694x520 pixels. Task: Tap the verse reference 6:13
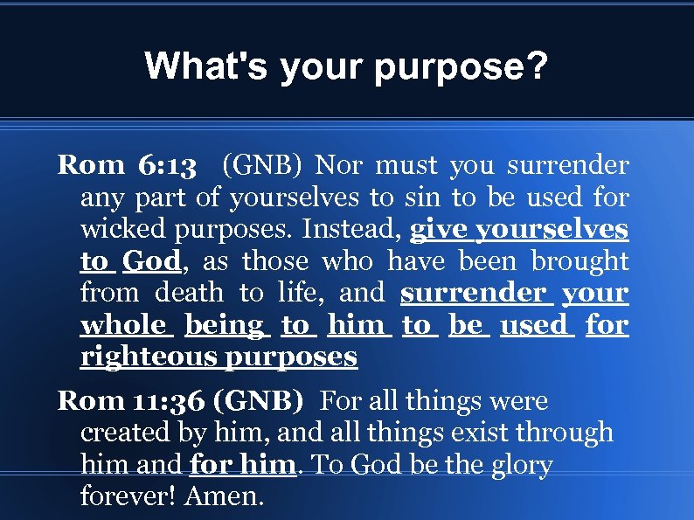171,165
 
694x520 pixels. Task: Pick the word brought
578,261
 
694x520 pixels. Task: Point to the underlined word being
225,326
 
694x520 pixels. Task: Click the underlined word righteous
148,357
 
